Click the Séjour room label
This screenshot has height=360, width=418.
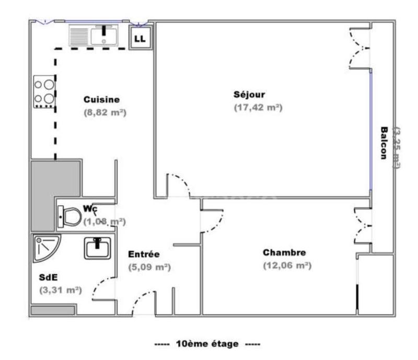coord(249,95)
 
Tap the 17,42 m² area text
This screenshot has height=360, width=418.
coord(258,107)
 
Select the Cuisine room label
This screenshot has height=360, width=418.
coord(101,99)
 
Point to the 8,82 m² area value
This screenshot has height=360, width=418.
coord(106,112)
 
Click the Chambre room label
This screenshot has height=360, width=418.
coord(284,253)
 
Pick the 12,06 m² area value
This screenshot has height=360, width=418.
coord(287,265)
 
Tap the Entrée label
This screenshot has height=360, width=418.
coord(144,255)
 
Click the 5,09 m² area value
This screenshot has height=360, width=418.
coord(149,268)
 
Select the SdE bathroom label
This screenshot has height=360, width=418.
coord(48,277)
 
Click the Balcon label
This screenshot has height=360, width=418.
coord(384,144)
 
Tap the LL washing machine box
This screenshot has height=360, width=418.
coord(141,38)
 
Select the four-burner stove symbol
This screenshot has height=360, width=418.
coord(44,92)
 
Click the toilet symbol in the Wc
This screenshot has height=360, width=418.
coord(69,216)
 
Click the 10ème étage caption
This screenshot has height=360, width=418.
coord(208,343)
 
